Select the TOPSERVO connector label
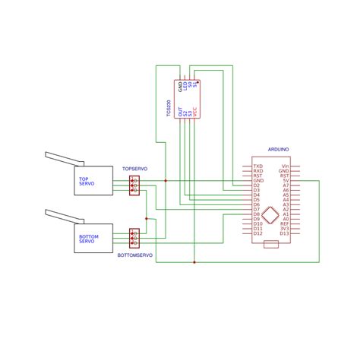(x=134, y=167)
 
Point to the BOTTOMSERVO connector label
(x=134, y=256)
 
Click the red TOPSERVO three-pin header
(x=134, y=185)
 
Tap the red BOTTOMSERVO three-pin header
(x=134, y=237)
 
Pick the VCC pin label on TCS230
(x=194, y=112)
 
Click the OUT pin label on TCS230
(x=180, y=112)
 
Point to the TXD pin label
(x=257, y=166)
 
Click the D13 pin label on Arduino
(x=285, y=233)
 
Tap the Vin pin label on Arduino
(x=286, y=166)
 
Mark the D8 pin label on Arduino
(x=257, y=214)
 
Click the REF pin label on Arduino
(x=285, y=223)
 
